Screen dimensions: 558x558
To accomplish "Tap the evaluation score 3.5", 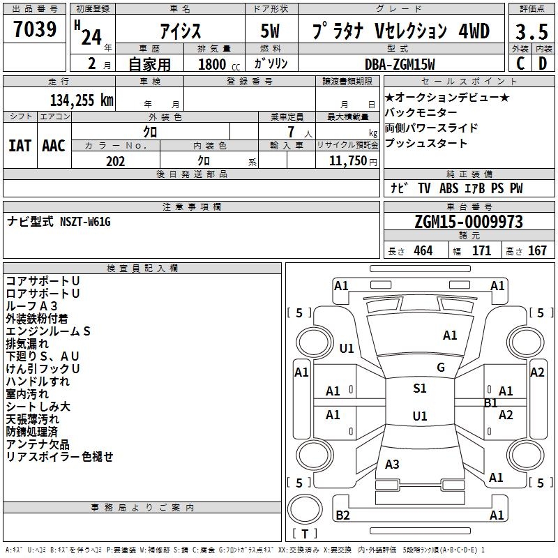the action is click(531, 31).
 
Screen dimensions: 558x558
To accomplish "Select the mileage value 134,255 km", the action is click(82, 100).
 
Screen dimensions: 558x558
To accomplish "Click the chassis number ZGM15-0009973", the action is click(468, 222).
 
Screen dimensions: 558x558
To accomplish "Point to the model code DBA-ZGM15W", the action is click(400, 64).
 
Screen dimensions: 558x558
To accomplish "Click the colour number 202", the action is click(115, 161).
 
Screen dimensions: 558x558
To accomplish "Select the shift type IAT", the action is click(20, 145).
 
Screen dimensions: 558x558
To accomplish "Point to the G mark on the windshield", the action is click(441, 368).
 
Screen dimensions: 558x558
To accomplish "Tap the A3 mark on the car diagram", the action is click(392, 465).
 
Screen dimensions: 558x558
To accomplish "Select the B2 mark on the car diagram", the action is click(342, 515).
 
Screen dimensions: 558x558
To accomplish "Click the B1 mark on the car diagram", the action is click(491, 403).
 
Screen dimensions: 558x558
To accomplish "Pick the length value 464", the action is click(423, 251).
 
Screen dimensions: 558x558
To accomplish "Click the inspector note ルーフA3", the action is click(32, 306).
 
